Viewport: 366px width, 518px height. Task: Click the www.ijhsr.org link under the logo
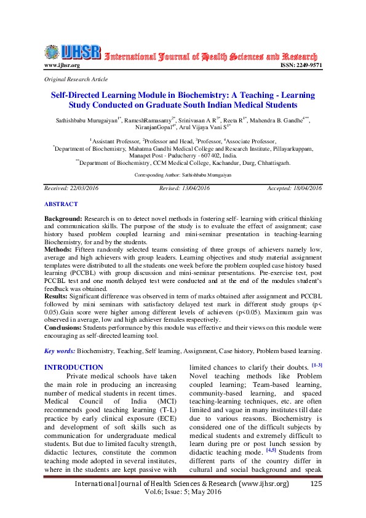click(62, 65)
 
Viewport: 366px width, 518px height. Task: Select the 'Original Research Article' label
click(76, 79)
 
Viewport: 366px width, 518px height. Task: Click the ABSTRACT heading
click(61, 186)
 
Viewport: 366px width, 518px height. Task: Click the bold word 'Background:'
click(63, 202)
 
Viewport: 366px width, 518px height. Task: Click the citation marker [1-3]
click(317, 365)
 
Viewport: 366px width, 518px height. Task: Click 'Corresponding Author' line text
click(183, 158)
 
